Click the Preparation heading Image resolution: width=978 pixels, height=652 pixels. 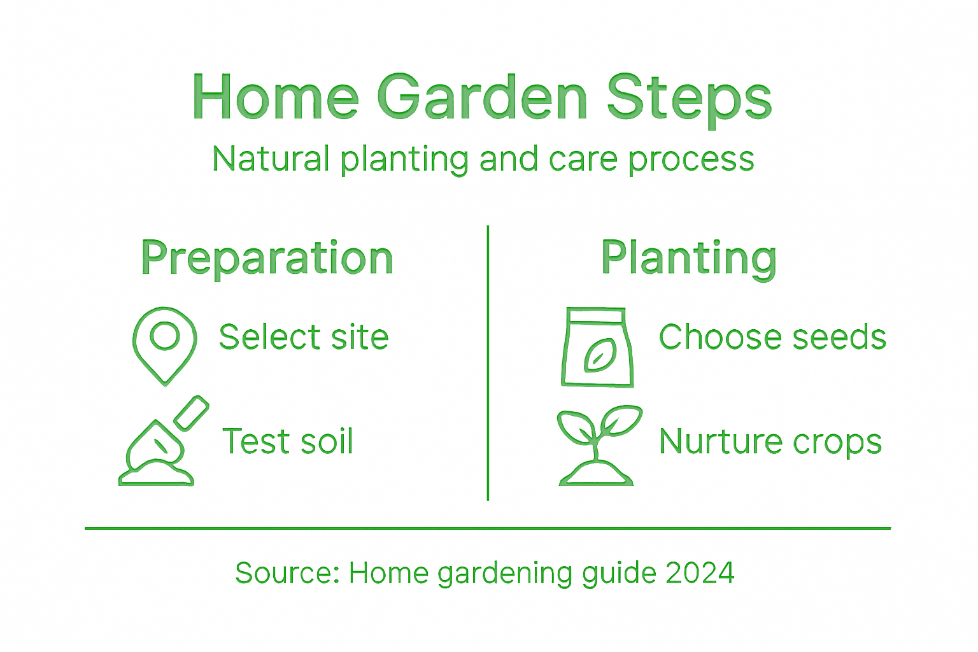(267, 259)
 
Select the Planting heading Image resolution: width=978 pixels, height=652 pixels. (688, 259)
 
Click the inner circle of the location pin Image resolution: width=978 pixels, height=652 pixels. (165, 335)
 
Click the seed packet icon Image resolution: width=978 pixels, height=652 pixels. (597, 347)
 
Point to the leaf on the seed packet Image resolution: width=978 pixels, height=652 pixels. (599, 355)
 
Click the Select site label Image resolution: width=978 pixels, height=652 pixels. (303, 337)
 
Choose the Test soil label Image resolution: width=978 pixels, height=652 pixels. (287, 441)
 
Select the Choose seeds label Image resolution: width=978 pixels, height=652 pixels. (772, 337)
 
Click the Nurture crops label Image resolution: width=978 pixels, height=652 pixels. (770, 441)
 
